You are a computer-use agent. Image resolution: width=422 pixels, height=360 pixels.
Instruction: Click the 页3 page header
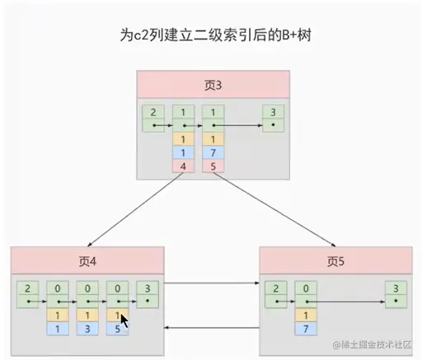213,84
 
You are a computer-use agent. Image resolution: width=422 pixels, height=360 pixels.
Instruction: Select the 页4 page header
87,261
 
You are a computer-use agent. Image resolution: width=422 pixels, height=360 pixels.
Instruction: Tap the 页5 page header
336,261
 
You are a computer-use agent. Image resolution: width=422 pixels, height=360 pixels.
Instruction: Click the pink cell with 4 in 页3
184,166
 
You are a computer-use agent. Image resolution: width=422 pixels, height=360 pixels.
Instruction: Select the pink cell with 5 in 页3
213,166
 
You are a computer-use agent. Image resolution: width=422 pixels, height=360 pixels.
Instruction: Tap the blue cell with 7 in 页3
213,153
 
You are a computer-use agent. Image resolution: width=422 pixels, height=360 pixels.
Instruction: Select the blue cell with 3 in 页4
88,329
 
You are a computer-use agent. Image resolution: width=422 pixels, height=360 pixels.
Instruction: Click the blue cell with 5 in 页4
118,329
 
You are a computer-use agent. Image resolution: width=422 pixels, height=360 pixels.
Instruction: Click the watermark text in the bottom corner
376,346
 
